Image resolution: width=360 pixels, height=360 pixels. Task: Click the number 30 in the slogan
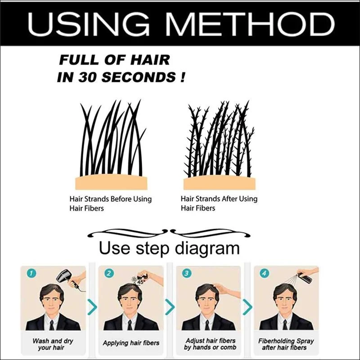(x=87, y=77)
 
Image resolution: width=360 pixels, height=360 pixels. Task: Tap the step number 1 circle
(x=31, y=273)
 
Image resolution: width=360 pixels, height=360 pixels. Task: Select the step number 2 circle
(x=109, y=273)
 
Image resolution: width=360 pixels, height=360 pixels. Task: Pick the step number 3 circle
(x=187, y=273)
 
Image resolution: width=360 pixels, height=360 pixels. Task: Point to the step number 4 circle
(x=264, y=273)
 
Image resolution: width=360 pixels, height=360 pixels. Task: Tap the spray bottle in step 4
(x=305, y=277)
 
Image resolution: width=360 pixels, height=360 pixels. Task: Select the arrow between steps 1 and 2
(x=92, y=307)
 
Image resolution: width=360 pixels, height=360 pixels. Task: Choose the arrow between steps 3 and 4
(x=247, y=307)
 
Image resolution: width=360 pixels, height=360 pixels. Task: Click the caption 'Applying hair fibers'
(x=131, y=343)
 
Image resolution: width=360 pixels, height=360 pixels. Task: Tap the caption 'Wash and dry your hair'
(x=53, y=344)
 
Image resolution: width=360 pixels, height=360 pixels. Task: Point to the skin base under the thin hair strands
(x=111, y=182)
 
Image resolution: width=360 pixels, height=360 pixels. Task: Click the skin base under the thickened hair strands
(x=220, y=183)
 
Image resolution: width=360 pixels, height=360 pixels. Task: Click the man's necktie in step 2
(x=130, y=325)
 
